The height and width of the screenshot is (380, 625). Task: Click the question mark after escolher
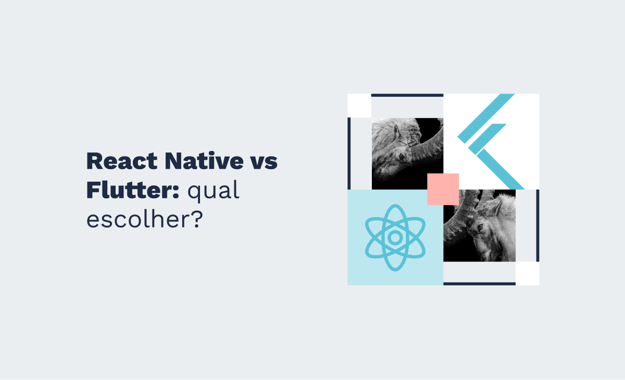pos(196,220)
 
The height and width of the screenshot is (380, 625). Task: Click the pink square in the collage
pos(443,189)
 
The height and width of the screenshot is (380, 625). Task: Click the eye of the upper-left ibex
pos(401,155)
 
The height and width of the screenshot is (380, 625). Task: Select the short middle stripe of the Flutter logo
pos(487,137)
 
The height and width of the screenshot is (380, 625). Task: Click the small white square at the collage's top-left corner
pos(359,106)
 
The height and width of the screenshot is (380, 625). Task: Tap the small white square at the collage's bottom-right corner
pos(527,273)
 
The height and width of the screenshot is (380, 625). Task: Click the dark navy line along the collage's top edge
pos(407,95)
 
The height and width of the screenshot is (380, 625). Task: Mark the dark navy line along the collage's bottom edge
pos(479,284)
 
